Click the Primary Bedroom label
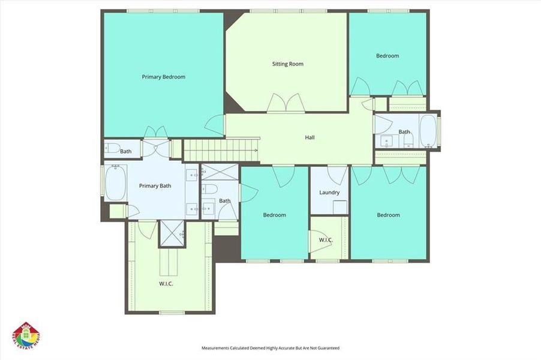[163, 77]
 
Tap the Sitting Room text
[288, 64]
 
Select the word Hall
[309, 137]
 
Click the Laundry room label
[329, 193]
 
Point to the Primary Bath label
[155, 186]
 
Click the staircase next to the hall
[220, 151]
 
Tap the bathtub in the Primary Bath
[115, 182]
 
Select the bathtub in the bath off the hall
[428, 131]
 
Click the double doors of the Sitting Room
[285, 103]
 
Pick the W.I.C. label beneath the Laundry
[326, 241]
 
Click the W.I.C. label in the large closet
[166, 284]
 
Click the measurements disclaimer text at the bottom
[270, 348]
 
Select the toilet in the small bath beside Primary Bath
[112, 149]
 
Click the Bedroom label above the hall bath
[387, 56]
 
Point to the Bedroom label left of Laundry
[275, 215]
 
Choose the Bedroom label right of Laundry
[388, 215]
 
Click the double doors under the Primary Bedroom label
[155, 131]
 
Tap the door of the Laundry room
[337, 175]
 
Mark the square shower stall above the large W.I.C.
[172, 233]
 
